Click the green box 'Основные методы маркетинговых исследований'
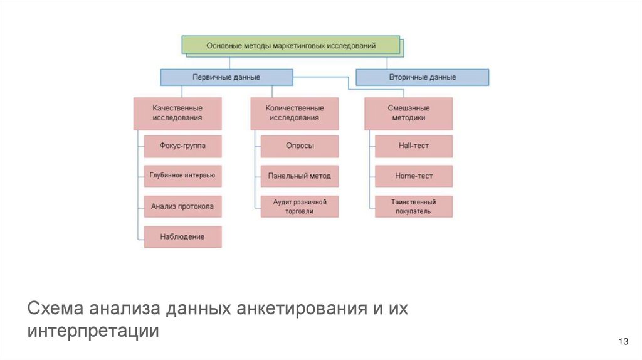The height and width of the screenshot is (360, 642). point(291,45)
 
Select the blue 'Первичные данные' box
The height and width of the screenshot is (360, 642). point(226,77)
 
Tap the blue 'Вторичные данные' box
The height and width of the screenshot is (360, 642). point(423,77)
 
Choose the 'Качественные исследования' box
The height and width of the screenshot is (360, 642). point(177,113)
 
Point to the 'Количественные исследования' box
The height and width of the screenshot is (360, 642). point(294,113)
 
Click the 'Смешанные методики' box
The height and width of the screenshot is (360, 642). point(409,113)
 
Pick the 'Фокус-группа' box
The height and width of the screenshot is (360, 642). point(182,146)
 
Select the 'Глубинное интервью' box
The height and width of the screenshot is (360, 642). point(182,176)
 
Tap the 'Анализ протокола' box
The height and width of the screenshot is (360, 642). point(182,206)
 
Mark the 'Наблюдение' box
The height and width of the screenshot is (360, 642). point(182,236)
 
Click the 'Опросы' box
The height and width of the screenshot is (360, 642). point(300,146)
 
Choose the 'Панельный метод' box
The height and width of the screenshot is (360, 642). point(300,176)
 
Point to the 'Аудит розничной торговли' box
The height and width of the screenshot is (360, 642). point(300,206)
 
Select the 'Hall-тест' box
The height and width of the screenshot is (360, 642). point(414,146)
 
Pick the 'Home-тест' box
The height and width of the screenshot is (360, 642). point(414,176)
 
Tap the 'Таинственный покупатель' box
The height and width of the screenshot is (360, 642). point(414,206)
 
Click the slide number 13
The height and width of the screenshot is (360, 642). point(623,341)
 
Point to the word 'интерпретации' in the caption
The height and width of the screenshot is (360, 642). point(93,331)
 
